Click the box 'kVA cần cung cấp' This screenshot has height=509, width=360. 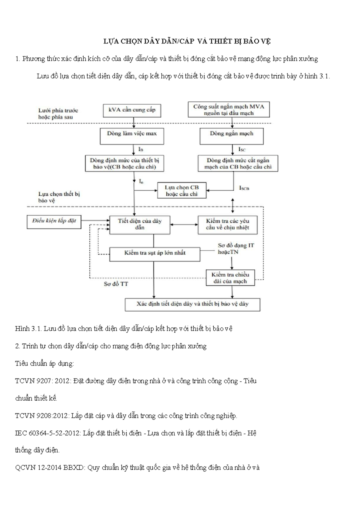coord(132,110)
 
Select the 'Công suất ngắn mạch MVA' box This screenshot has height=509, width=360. coord(229,110)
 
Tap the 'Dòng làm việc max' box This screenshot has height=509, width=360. coord(132,136)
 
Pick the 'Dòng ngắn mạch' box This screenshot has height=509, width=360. coord(232,136)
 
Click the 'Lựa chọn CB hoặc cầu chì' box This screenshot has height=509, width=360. coord(182,191)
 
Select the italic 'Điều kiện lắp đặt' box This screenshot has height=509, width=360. coord(54,222)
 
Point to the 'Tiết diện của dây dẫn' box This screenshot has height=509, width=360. coord(139,224)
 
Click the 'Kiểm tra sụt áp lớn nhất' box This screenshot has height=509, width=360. coord(154,254)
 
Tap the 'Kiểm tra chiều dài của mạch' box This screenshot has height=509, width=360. coord(230,278)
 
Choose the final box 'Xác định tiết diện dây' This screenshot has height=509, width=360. coord(192,304)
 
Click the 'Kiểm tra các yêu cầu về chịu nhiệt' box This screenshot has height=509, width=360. coord(227,224)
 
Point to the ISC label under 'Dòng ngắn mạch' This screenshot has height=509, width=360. coord(242,149)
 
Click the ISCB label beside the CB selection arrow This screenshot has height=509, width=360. coord(244,188)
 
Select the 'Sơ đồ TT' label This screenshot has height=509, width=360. coord(116,284)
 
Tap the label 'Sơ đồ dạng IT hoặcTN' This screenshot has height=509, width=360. coord(236,248)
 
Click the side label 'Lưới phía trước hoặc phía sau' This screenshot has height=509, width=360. coord(58,114)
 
